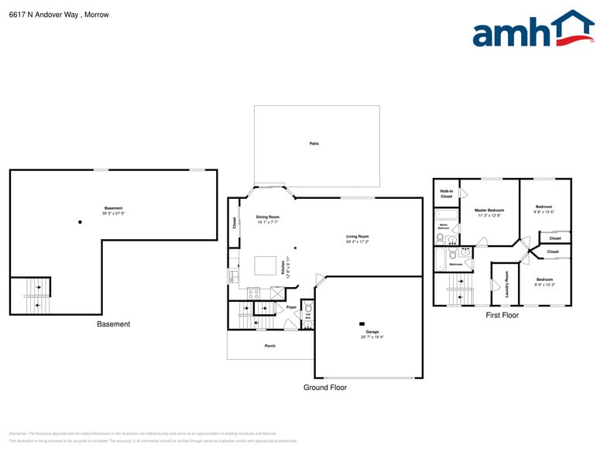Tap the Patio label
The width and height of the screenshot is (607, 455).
click(x=314, y=144)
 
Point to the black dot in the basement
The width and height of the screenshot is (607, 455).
click(x=80, y=223)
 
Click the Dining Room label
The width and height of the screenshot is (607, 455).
click(x=268, y=217)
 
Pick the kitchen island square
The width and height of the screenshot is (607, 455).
click(x=266, y=265)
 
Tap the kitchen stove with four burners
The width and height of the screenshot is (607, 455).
click(x=253, y=293)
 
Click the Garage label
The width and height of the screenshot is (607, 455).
click(x=372, y=332)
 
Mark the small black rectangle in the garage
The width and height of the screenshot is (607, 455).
click(x=362, y=323)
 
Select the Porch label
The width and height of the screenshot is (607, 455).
click(x=269, y=345)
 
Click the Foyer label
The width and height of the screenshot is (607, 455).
click(x=291, y=307)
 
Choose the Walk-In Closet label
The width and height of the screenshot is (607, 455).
click(x=447, y=193)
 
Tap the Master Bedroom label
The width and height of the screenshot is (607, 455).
click(x=489, y=210)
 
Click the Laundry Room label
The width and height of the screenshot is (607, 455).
click(x=506, y=285)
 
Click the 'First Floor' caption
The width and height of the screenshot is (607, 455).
click(x=502, y=316)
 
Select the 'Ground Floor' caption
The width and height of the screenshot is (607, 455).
click(x=324, y=388)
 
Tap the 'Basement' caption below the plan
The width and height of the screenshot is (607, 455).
click(x=113, y=324)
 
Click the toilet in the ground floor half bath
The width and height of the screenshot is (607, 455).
click(x=308, y=308)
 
